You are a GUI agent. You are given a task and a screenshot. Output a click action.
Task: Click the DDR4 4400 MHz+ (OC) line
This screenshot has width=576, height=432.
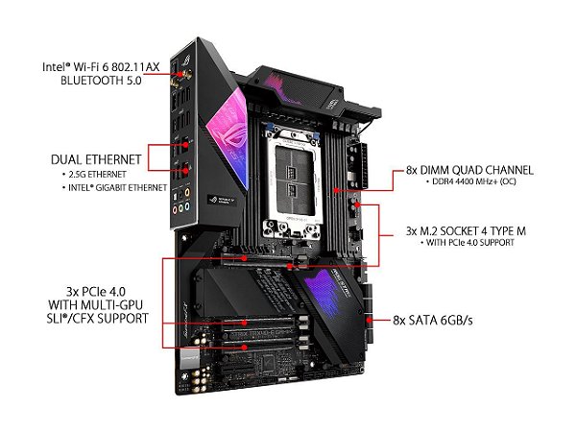tap(468, 184)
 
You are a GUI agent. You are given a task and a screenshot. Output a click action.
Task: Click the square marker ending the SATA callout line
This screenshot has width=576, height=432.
tap(369, 318)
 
